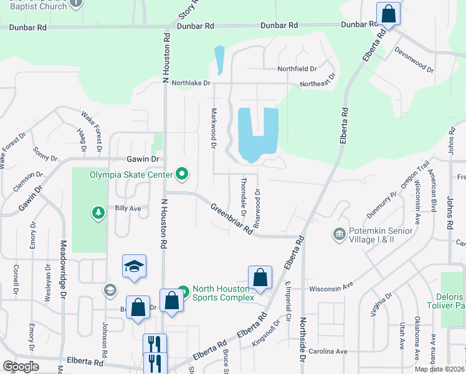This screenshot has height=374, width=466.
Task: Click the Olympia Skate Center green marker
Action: click(182, 174)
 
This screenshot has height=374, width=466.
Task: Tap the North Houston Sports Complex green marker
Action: click(183, 291)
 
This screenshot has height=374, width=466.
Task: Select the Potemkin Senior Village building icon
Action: click(339, 234)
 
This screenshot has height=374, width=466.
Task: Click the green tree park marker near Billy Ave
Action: click(98, 214)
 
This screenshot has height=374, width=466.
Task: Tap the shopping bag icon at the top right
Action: click(388, 13)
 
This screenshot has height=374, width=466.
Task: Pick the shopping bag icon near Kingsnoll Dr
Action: click(260, 277)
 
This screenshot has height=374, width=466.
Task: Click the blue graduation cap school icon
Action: click(134, 266)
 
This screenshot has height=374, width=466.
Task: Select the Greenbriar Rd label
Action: click(231, 219)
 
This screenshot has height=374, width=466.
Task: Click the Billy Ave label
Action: click(128, 208)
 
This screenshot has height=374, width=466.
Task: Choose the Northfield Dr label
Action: click(298, 68)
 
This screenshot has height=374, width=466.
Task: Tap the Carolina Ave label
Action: click(333, 352)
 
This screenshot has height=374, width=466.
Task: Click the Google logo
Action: click(21, 367)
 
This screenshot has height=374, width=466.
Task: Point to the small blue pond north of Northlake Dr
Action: click(219, 60)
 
